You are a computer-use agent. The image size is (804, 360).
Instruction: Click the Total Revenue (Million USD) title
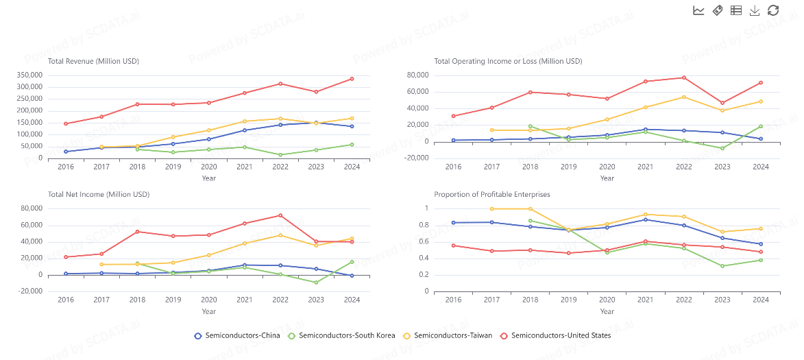[x=93, y=61]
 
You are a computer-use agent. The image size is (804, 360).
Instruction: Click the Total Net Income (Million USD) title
[x=99, y=194]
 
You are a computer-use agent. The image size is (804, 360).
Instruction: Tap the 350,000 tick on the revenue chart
[x=32, y=75]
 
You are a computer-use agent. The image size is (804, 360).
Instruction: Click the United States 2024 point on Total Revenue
[x=352, y=79]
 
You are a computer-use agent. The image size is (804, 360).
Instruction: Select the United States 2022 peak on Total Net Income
[x=280, y=215]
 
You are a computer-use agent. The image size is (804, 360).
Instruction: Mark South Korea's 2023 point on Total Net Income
[x=316, y=283]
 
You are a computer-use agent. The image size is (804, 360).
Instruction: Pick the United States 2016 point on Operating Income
[x=453, y=116]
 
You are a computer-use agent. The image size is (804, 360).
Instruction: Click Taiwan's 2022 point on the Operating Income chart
[x=684, y=97]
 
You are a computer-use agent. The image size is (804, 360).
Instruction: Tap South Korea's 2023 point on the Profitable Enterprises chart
[x=722, y=266]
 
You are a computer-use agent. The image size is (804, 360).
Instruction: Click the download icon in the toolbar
[x=755, y=10]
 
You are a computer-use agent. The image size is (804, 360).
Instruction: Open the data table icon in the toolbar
[x=736, y=10]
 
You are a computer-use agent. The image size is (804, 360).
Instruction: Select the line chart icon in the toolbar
[x=698, y=10]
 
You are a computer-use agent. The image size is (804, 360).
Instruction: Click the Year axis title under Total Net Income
[x=209, y=311]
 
